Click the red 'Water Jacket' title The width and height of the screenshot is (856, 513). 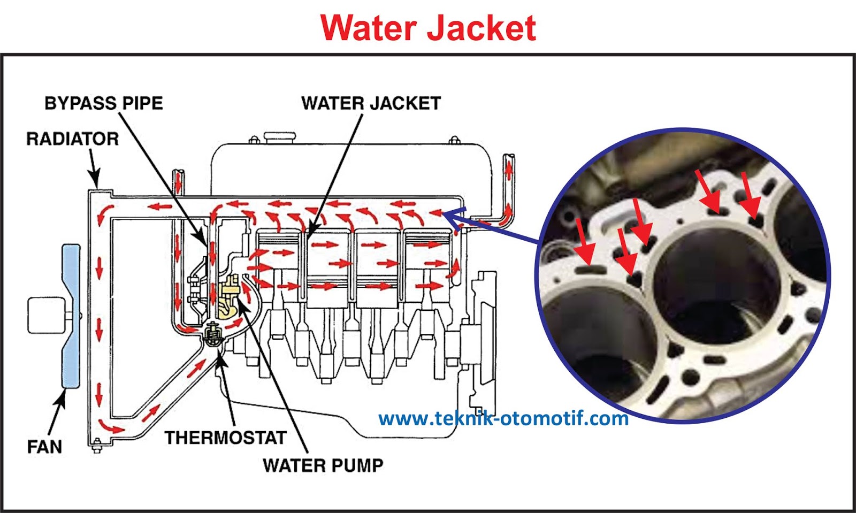(x=429, y=28)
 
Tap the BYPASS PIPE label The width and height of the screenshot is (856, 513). (x=103, y=103)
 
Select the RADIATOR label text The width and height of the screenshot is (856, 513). (x=72, y=139)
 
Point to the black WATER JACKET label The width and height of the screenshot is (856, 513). (x=371, y=103)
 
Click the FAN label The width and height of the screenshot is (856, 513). (x=44, y=446)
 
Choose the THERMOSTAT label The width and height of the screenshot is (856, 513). (x=225, y=438)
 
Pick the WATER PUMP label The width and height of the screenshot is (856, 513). (x=323, y=465)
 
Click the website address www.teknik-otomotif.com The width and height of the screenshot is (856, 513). (x=503, y=418)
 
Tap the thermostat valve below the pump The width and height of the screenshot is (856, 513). (x=213, y=335)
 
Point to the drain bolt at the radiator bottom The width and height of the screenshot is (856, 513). (x=97, y=445)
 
